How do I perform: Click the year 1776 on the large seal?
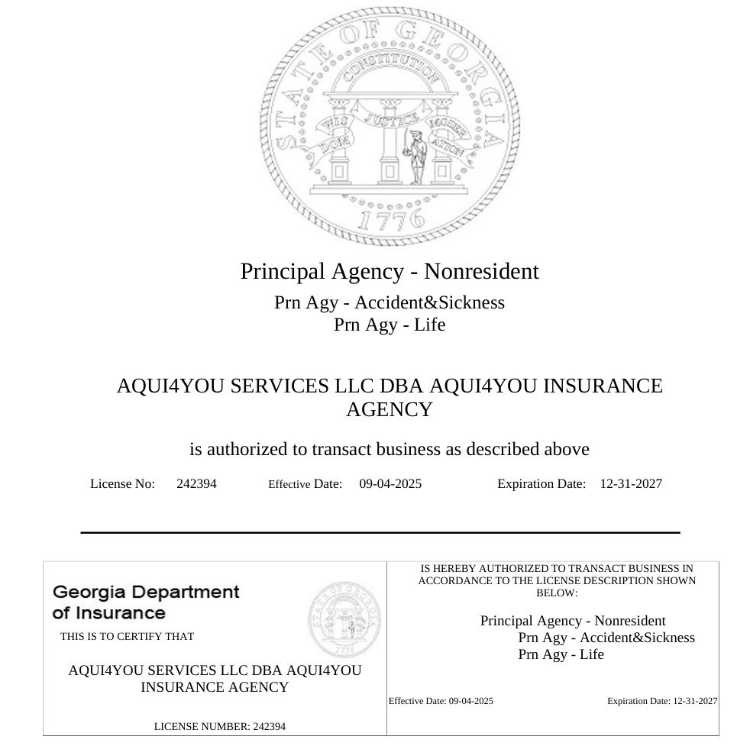pyautogui.click(x=390, y=219)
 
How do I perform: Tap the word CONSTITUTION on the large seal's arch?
pyautogui.click(x=390, y=71)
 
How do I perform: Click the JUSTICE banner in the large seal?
pyautogui.click(x=390, y=118)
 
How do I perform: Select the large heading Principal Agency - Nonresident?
pyautogui.click(x=390, y=271)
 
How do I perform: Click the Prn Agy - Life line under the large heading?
pyautogui.click(x=390, y=325)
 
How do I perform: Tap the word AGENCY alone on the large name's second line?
pyautogui.click(x=390, y=410)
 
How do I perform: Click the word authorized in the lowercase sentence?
pyautogui.click(x=257, y=449)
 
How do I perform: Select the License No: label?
pyautogui.click(x=122, y=483)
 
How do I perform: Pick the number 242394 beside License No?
pyautogui.click(x=196, y=483)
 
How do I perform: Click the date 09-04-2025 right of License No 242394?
pyautogui.click(x=390, y=483)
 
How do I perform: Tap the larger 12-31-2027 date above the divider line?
pyautogui.click(x=631, y=483)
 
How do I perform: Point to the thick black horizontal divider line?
pyautogui.click(x=380, y=532)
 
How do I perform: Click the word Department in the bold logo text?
pyautogui.click(x=187, y=592)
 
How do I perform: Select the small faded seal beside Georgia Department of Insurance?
pyautogui.click(x=345, y=618)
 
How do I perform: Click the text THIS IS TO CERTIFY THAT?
pyautogui.click(x=127, y=636)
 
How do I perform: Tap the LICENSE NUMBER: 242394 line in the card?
pyautogui.click(x=220, y=726)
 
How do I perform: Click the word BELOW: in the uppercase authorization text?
pyautogui.click(x=557, y=593)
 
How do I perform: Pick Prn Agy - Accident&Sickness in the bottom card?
pyautogui.click(x=606, y=638)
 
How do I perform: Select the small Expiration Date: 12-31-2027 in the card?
pyautogui.click(x=662, y=701)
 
